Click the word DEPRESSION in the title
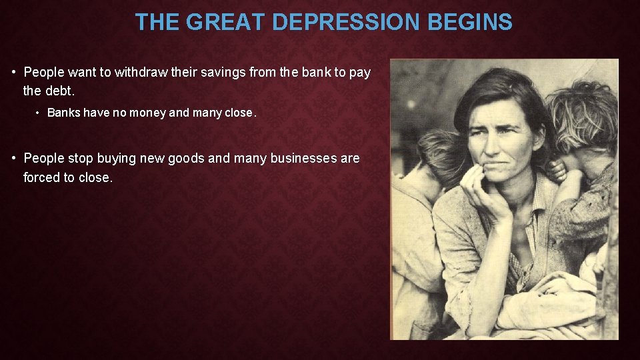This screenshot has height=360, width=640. (347, 23)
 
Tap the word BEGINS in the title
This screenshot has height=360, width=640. (470, 23)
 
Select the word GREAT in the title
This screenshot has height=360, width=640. (227, 23)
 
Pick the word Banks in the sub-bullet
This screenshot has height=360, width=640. (63, 113)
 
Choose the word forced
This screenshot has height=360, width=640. (41, 177)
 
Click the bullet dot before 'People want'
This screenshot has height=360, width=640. (14, 73)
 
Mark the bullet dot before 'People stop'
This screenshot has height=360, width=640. (14, 159)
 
